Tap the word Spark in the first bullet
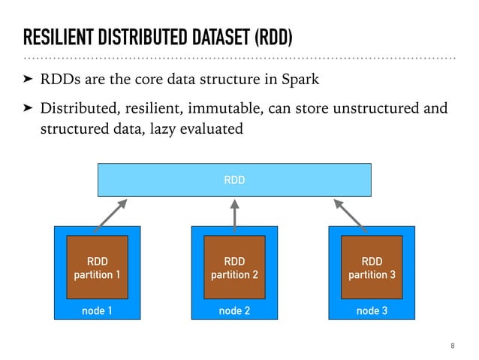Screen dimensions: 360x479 tap(301, 79)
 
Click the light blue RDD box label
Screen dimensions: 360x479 tap(235, 180)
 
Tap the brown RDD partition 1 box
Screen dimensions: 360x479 tap(97, 268)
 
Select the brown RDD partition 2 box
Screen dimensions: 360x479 tap(235, 268)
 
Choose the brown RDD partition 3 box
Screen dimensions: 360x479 tap(372, 268)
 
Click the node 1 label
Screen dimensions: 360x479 tap(97, 310)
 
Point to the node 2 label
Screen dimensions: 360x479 tap(235, 310)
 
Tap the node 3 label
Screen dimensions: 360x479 tap(372, 310)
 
